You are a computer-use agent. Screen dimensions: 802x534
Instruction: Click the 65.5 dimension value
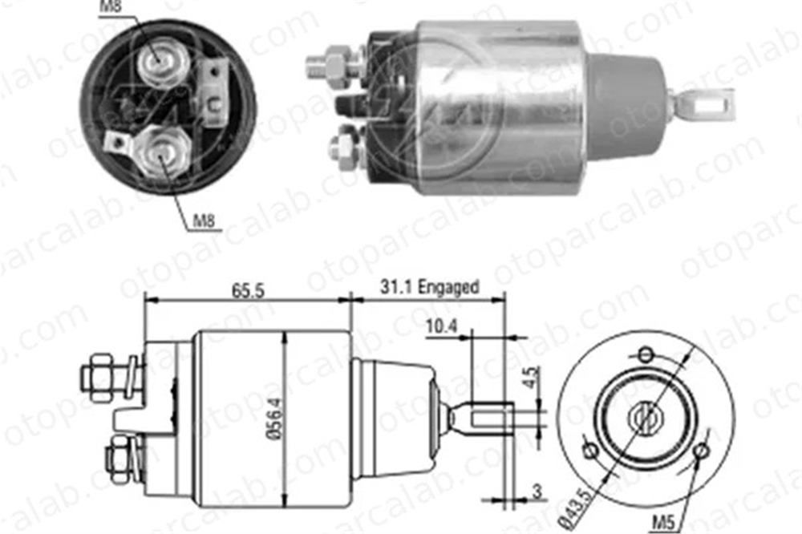click(248, 290)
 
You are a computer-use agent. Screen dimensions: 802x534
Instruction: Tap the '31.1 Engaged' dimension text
click(429, 287)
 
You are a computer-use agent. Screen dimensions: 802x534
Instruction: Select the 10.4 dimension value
click(441, 326)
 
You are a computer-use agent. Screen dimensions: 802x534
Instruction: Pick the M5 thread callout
click(663, 522)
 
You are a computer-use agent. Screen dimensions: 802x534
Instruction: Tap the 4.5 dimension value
click(533, 377)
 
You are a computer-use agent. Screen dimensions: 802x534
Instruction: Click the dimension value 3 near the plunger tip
click(537, 492)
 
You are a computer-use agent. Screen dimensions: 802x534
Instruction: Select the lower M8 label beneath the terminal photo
click(204, 221)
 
